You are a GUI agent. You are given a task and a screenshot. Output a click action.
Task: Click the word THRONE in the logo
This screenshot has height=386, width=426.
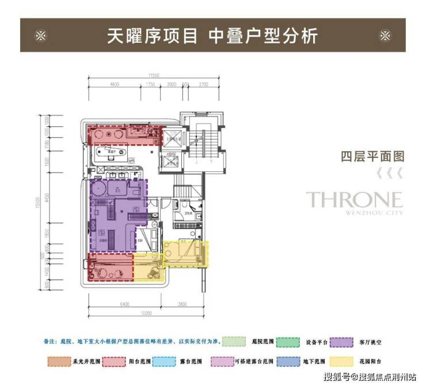click(353, 200)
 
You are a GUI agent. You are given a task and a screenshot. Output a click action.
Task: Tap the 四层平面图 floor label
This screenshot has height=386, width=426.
click(364, 156)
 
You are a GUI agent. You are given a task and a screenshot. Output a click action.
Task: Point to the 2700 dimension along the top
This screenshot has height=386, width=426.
click(203, 84)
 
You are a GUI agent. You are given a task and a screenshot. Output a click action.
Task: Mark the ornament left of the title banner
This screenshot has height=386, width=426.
click(40, 36)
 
